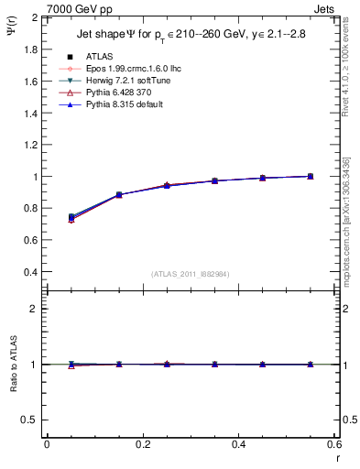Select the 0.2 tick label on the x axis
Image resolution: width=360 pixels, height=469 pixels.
click(143, 444)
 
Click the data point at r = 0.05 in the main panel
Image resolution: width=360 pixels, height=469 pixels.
click(71, 217)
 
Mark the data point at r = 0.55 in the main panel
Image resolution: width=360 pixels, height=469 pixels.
click(311, 176)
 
